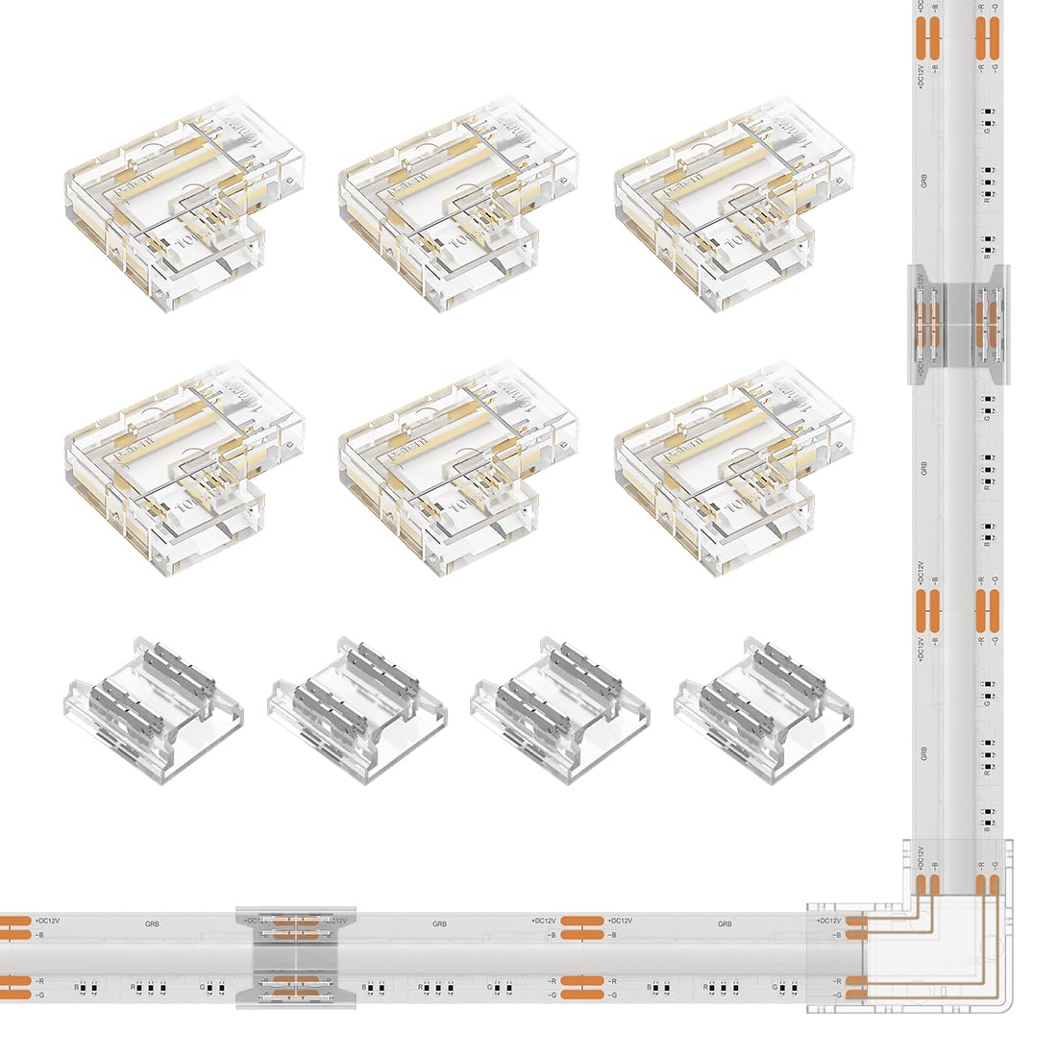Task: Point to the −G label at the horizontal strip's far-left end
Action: pos(40,994)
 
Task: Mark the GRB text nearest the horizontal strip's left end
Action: pos(152,923)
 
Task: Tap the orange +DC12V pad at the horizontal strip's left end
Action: pos(13,922)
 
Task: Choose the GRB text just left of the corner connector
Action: pos(725,923)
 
